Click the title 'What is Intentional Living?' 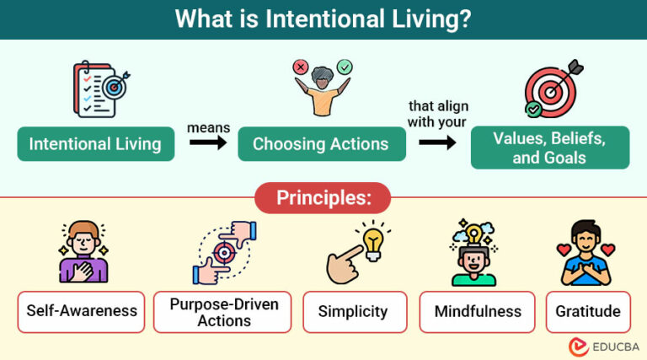323,19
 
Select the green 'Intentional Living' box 95,144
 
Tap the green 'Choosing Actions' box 321,144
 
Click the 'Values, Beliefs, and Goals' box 549,148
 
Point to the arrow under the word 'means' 207,143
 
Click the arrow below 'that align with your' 437,142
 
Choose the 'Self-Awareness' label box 81,311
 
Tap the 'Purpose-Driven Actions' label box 224,311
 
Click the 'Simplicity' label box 354,311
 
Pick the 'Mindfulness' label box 478,311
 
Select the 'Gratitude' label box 587,311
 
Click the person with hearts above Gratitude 587,252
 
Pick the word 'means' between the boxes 207,126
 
